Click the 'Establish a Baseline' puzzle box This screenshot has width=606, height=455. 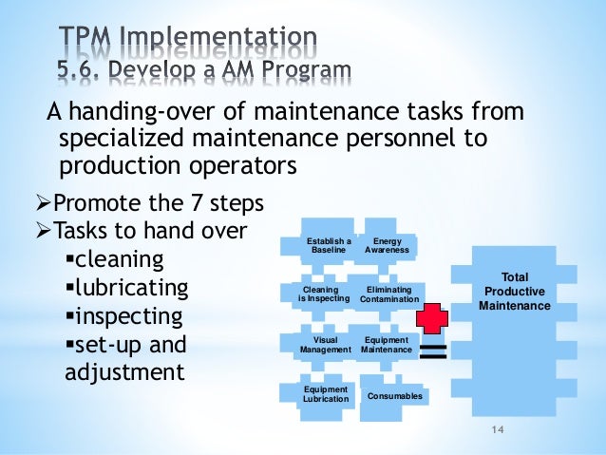point(329,246)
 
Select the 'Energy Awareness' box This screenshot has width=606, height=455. point(387,246)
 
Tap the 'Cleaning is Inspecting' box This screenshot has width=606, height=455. point(326,294)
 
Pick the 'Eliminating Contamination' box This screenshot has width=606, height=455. point(388,294)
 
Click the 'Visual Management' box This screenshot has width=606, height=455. point(326,344)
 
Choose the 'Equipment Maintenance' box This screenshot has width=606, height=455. point(387,344)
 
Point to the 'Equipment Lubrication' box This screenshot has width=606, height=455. point(325,394)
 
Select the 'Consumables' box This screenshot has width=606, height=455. point(394,395)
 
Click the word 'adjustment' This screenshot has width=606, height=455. point(124,372)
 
